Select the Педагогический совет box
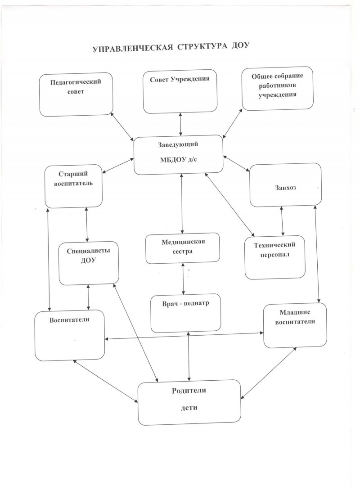tap(76, 94)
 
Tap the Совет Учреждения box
tap(180, 91)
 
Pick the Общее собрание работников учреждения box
tap(278, 88)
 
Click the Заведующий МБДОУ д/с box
tap(178, 155)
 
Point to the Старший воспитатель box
tap(74, 186)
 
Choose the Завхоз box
tap(285, 185)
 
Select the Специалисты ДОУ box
tap(89, 263)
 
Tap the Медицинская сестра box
tap(183, 248)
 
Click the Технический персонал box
tap(275, 257)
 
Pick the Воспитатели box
tap(70, 335)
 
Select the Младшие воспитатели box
tap(295, 325)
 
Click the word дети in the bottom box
tap(189, 408)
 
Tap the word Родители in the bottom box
tap(189, 391)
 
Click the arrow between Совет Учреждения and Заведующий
tap(180, 124)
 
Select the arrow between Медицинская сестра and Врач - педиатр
tap(184, 279)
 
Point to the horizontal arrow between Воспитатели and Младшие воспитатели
tap(184, 336)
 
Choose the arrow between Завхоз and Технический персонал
tap(282, 221)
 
